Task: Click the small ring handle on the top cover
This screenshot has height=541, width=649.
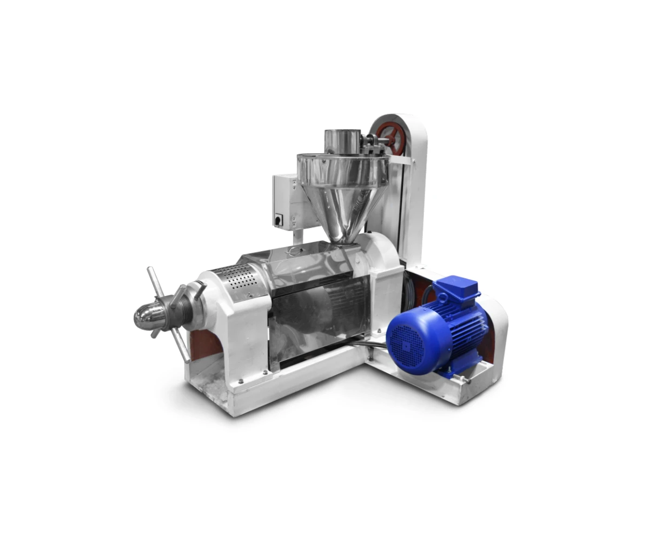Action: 294,250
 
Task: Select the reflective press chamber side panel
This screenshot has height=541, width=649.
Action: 319,319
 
